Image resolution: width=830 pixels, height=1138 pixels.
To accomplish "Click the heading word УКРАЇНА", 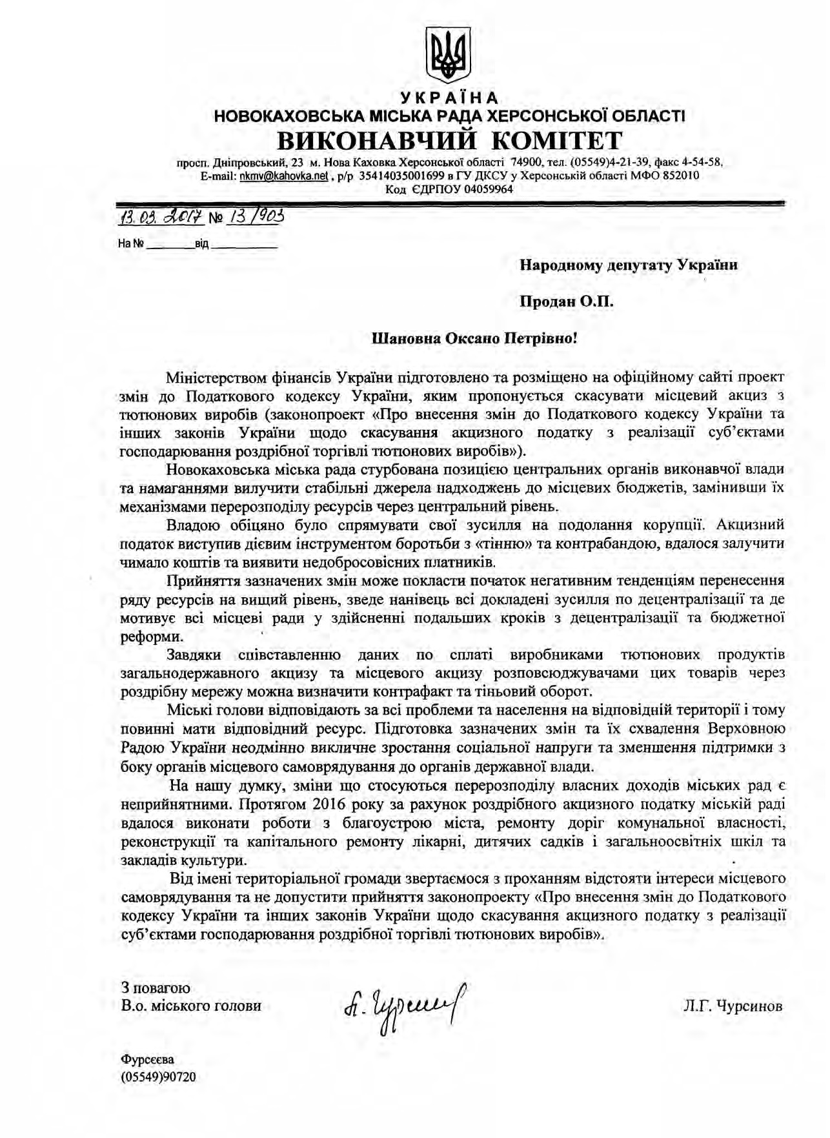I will pyautogui.click(x=449, y=98).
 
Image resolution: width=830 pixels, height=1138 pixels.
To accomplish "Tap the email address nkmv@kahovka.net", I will pyautogui.click(x=284, y=176).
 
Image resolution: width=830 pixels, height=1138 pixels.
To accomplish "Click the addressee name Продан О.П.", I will pyautogui.click(x=567, y=301).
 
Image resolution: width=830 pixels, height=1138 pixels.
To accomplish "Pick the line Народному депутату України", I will pyautogui.click(x=629, y=265).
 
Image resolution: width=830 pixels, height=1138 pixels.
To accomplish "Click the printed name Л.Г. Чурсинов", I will pyautogui.click(x=733, y=1006).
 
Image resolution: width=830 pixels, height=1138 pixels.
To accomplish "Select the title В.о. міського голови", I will pyautogui.click(x=191, y=1006).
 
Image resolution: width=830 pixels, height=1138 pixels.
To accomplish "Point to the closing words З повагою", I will pyautogui.click(x=155, y=988).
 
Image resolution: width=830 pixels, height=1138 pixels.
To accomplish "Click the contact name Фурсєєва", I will pyautogui.click(x=147, y=1059).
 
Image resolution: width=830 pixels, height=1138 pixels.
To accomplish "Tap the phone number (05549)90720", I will pyautogui.click(x=158, y=1077).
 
